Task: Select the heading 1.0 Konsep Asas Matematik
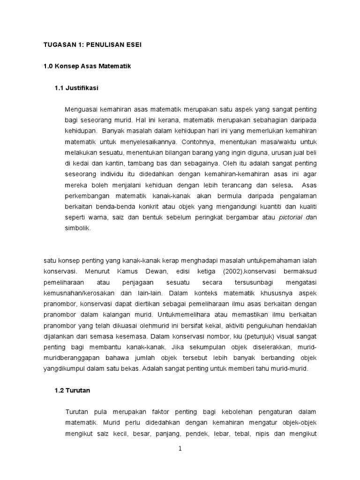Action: pos(87,66)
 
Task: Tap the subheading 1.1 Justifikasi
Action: pos(76,88)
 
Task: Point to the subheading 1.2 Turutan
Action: pos(72,390)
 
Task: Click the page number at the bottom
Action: pos(180,449)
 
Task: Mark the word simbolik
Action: pos(77,228)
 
